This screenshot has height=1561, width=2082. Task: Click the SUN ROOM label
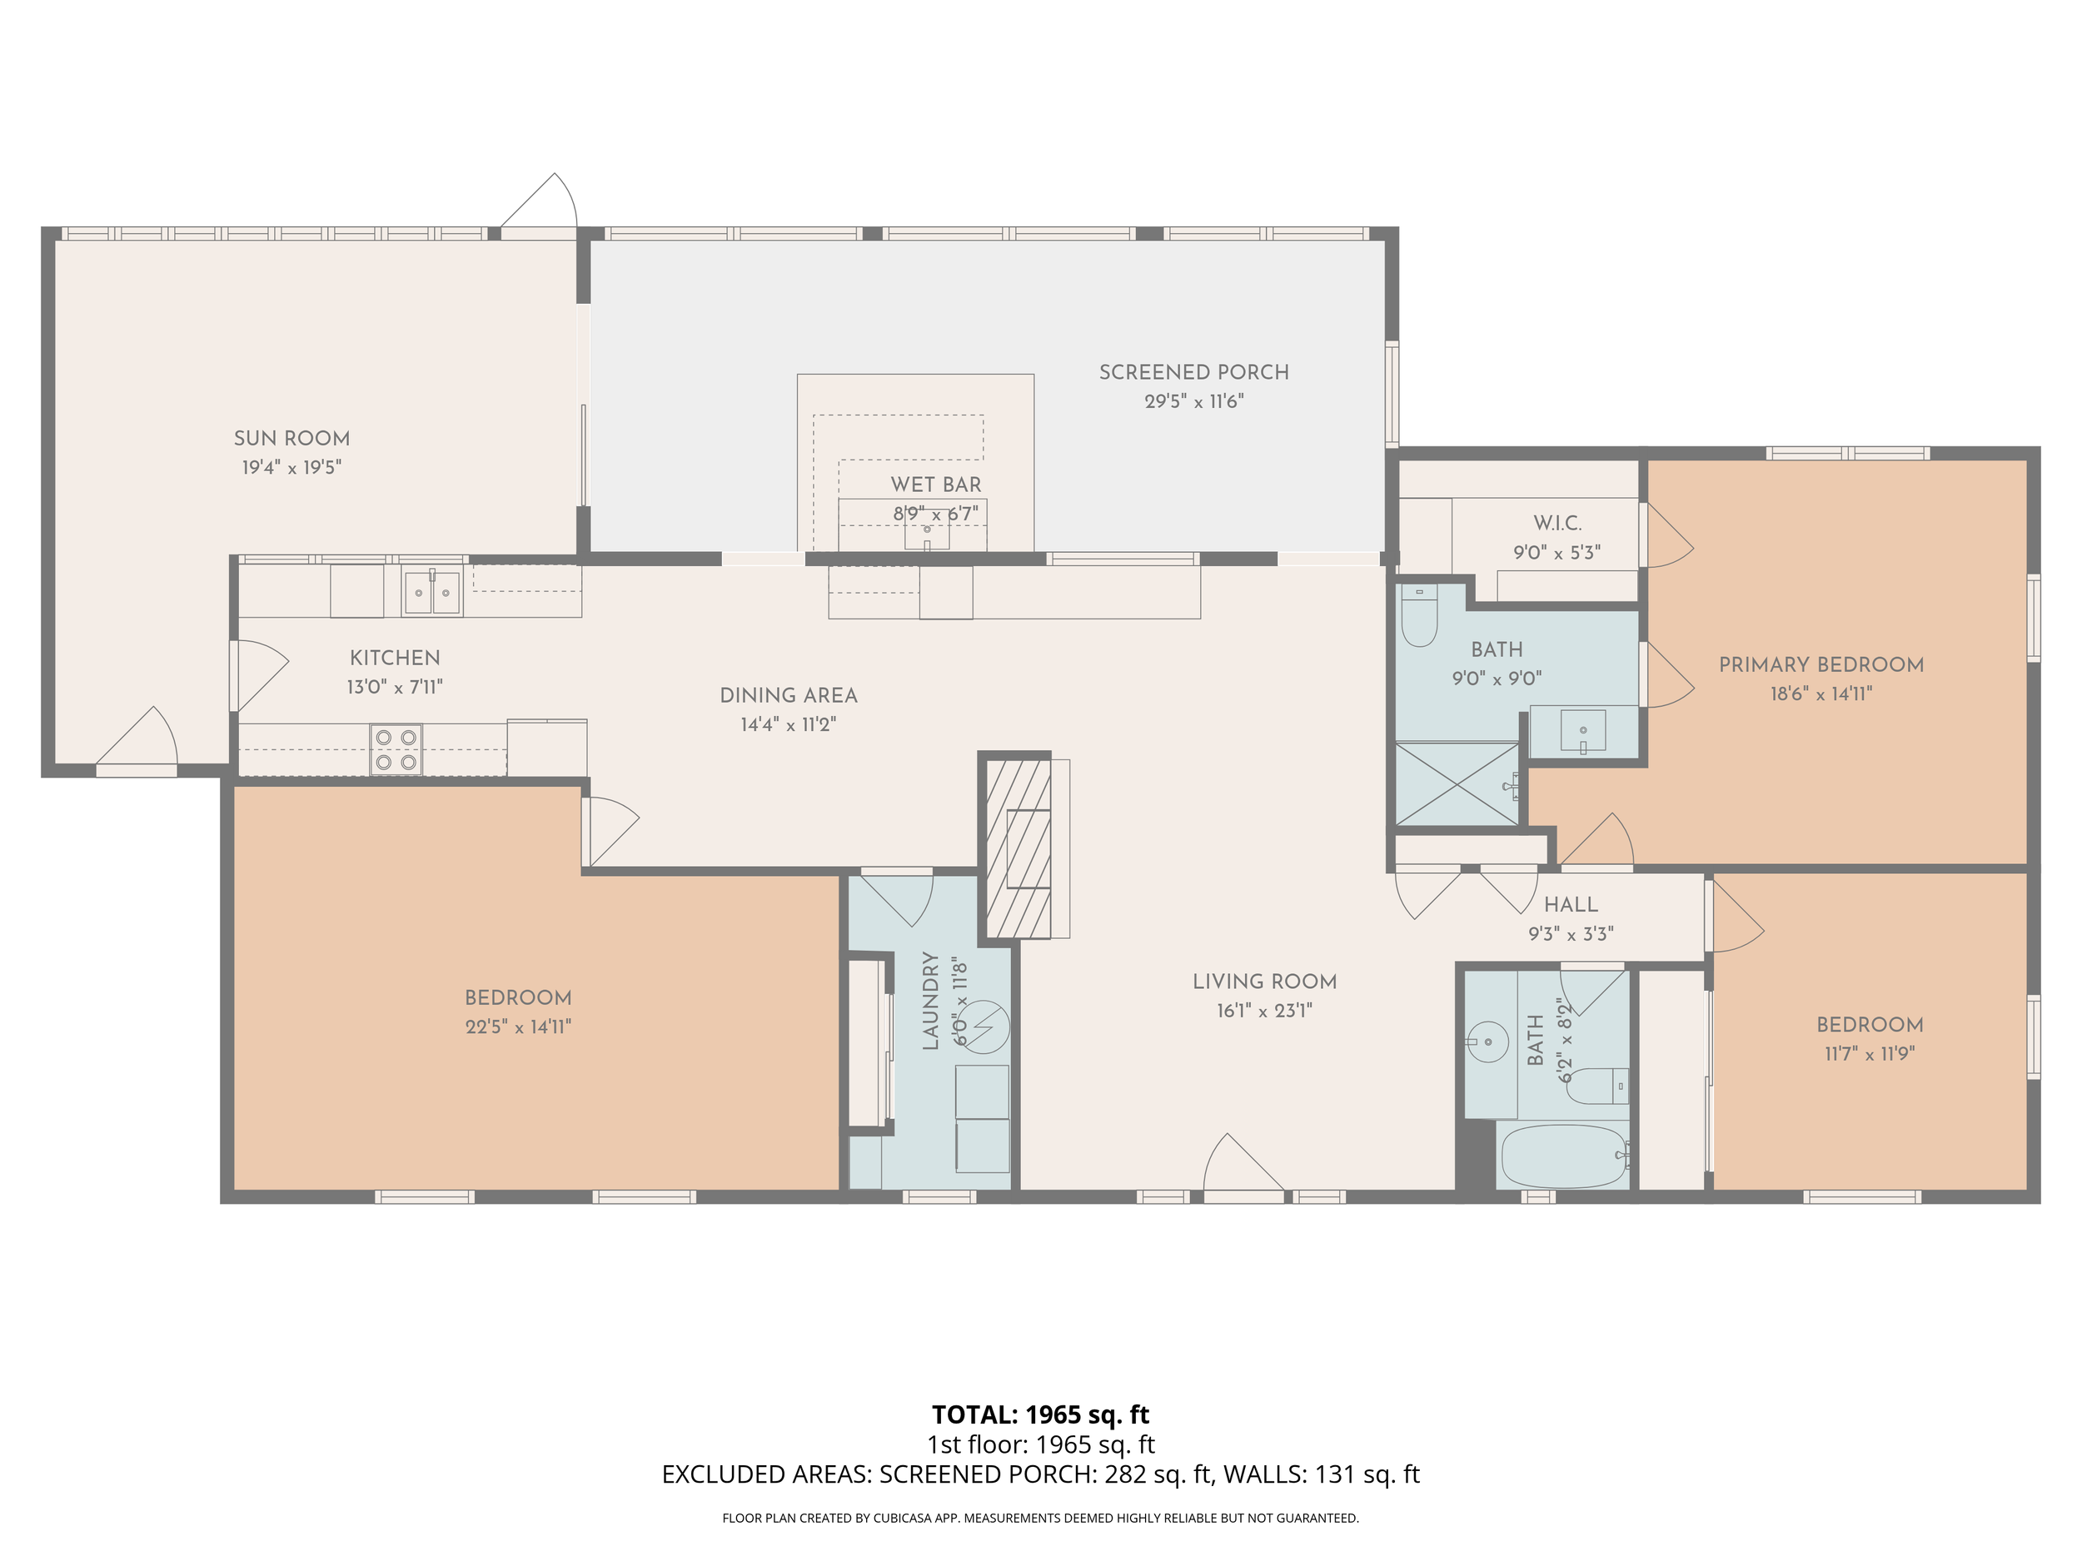point(291,439)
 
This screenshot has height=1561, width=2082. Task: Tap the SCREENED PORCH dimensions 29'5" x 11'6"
point(1194,402)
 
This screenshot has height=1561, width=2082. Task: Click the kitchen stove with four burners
point(396,749)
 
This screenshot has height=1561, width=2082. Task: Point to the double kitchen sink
point(433,593)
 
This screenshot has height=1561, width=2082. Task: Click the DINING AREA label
point(789,696)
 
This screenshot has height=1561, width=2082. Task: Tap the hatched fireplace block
point(1018,848)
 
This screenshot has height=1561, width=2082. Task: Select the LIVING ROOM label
point(1264,982)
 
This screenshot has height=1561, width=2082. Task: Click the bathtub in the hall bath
point(1562,1156)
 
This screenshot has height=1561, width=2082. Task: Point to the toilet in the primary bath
point(1418,615)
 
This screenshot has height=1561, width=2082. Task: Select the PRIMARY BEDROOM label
point(1821,665)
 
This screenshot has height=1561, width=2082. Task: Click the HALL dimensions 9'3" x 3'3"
point(1571,934)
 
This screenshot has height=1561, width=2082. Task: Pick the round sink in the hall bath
point(1484,1041)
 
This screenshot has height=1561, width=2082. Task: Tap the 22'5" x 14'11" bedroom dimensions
point(519,1027)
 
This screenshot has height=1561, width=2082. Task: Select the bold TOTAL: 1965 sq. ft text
point(1040,1414)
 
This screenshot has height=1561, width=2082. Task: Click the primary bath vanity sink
point(1583,731)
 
